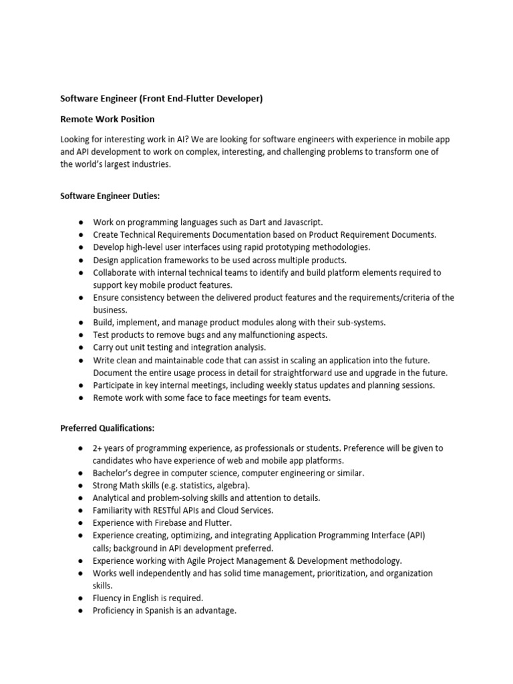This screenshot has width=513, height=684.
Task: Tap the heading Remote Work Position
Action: pyautogui.click(x=108, y=119)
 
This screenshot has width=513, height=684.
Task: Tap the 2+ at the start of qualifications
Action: pyautogui.click(x=98, y=448)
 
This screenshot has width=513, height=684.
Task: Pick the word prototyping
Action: pyautogui.click(x=274, y=247)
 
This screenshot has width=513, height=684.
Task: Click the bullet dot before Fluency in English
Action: pyautogui.click(x=80, y=598)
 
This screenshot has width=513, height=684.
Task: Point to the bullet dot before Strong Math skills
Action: pyautogui.click(x=80, y=486)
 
